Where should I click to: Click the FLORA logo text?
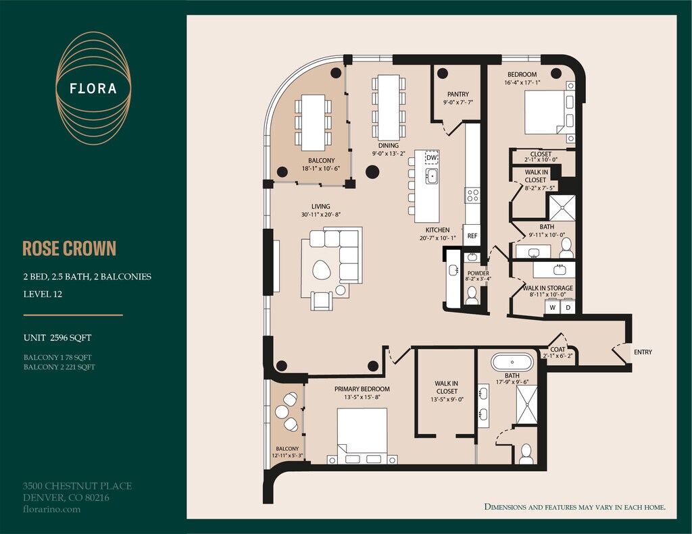(93, 88)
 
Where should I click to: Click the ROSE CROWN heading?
(70, 248)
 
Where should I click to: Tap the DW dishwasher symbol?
(432, 157)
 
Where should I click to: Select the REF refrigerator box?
(472, 236)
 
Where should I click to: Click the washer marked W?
(552, 307)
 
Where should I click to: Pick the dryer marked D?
(568, 307)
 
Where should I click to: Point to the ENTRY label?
(643, 352)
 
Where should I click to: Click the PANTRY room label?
(458, 94)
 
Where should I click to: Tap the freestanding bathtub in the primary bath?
(512, 363)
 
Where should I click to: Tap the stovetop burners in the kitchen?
(472, 195)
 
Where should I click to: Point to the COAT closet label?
(558, 349)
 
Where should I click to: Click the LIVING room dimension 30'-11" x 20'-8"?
(320, 215)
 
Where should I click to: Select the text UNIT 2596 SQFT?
(57, 338)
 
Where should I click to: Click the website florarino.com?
(51, 509)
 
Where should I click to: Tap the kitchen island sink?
(432, 176)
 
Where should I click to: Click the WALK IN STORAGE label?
(547, 288)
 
